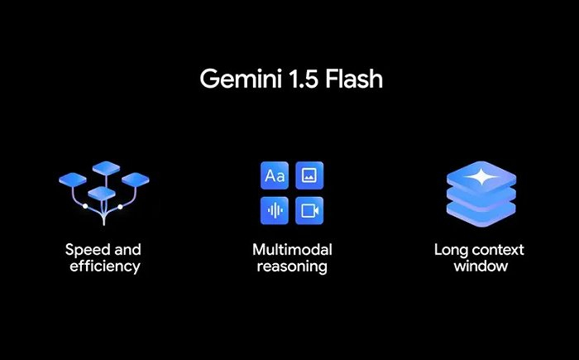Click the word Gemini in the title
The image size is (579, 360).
[x=241, y=79]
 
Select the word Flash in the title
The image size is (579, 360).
[x=354, y=79]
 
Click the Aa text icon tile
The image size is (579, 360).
[x=275, y=175]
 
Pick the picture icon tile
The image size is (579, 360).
[x=309, y=175]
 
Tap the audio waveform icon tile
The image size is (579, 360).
[x=275, y=211]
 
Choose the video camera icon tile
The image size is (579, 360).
[x=309, y=211]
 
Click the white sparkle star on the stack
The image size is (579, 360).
[x=481, y=177]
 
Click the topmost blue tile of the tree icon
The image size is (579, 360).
[x=107, y=168]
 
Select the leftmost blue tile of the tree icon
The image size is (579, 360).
[x=73, y=180]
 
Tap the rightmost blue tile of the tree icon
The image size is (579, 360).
[x=136, y=180]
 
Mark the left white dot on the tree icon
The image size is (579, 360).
[x=85, y=206]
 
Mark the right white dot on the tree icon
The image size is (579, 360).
[x=120, y=207]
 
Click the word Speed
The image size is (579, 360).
[x=89, y=250]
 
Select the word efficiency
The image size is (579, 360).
[x=105, y=266]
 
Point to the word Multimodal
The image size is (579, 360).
[x=292, y=249]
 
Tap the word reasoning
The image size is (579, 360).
[x=292, y=266]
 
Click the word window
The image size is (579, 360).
[x=481, y=266]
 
